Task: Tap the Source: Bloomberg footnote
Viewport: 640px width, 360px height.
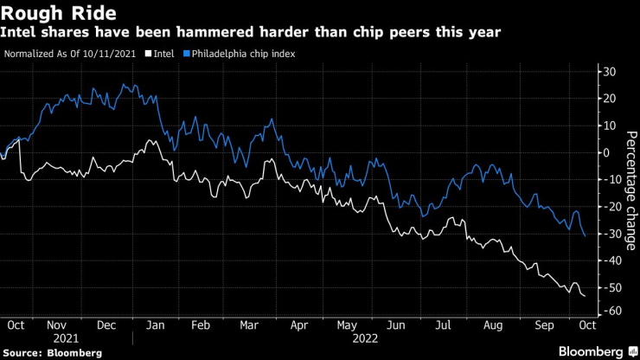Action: [52, 353]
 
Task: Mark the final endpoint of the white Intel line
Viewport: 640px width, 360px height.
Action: [585, 297]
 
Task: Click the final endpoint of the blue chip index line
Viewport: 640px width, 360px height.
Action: [585, 236]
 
